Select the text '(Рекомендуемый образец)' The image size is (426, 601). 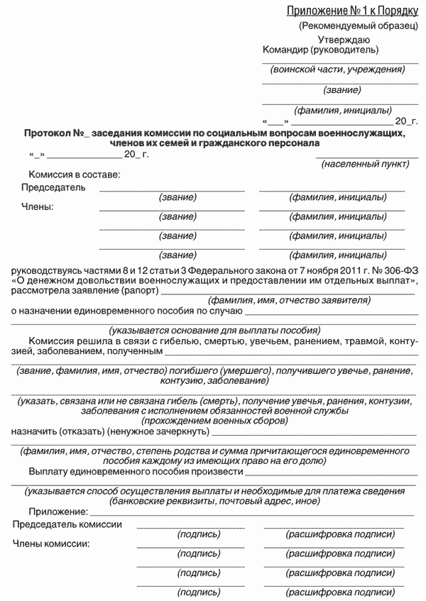point(359,26)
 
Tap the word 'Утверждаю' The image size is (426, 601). point(344,40)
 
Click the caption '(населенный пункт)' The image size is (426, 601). point(365,165)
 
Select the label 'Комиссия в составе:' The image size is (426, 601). point(74,175)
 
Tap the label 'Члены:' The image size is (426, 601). point(38,207)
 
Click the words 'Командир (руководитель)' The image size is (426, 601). point(320,50)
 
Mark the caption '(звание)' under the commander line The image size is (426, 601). point(342,90)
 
